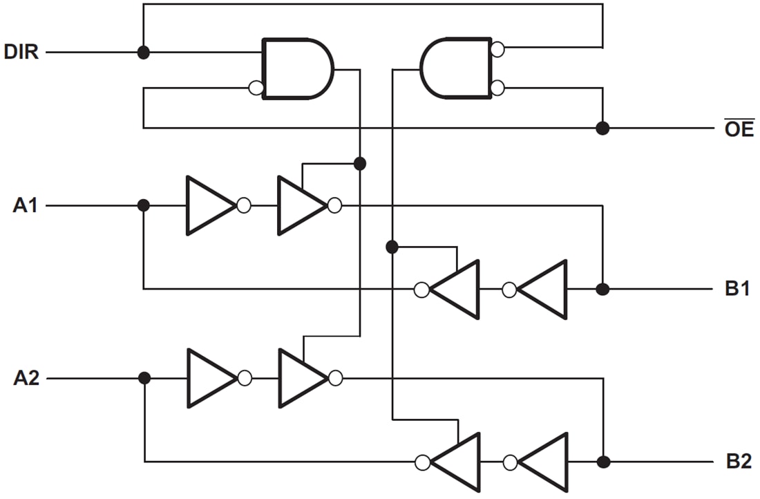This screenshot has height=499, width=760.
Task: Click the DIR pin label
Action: (x=21, y=52)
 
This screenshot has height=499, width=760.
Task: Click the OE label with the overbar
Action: (x=739, y=129)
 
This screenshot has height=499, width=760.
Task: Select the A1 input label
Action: (x=25, y=205)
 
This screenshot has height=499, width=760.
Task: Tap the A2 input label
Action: (x=25, y=378)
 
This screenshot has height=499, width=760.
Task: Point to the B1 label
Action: (x=737, y=289)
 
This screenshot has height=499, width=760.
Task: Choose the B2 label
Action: (x=737, y=462)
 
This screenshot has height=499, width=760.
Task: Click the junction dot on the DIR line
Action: (x=143, y=52)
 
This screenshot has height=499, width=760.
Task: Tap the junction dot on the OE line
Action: (x=602, y=128)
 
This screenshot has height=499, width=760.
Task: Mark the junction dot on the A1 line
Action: (x=143, y=205)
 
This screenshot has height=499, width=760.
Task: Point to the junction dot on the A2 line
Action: (x=144, y=378)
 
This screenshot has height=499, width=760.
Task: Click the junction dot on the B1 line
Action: (x=602, y=289)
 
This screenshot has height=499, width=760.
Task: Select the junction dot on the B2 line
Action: (x=602, y=462)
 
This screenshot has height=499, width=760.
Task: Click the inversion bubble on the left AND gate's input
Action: (x=256, y=88)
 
